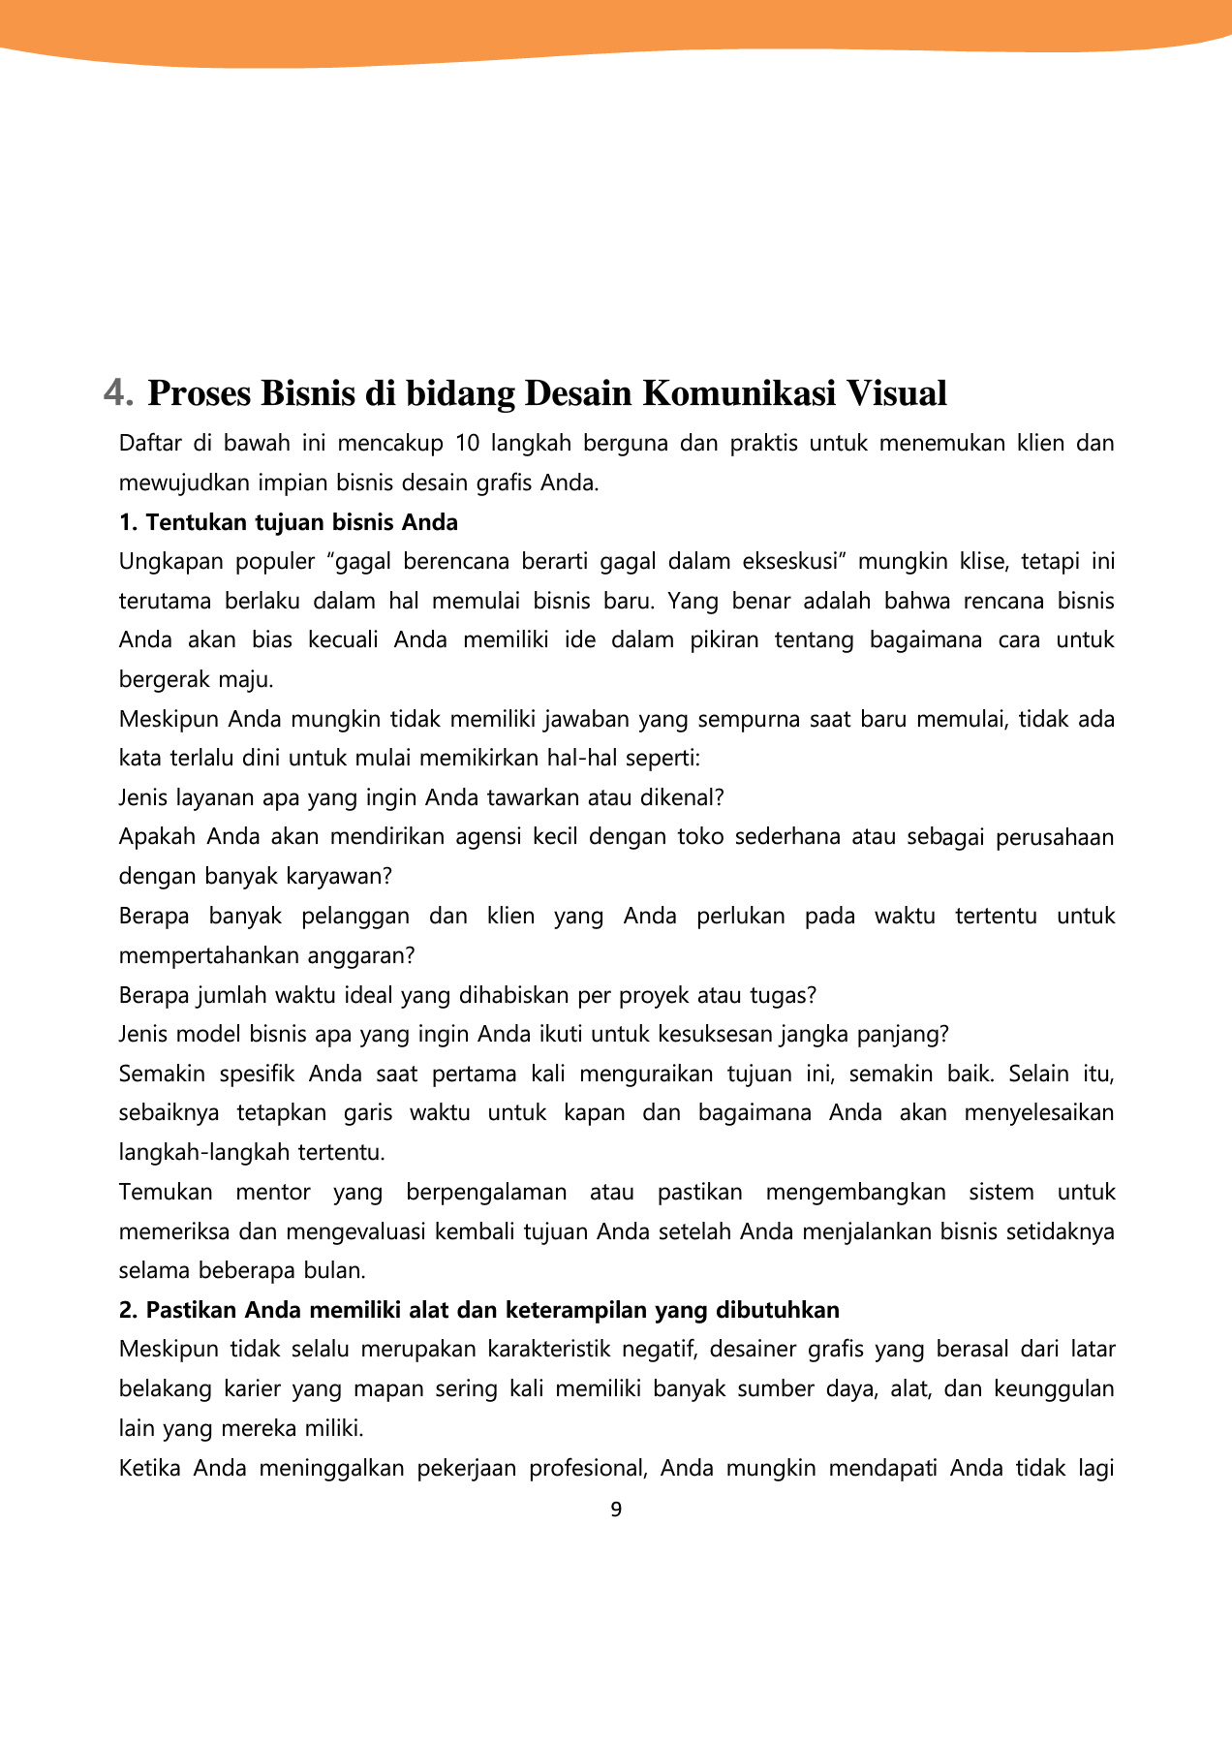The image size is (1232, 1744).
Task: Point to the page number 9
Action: point(616,1510)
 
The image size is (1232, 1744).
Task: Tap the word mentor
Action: point(273,1193)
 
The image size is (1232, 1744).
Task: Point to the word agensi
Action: point(486,837)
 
